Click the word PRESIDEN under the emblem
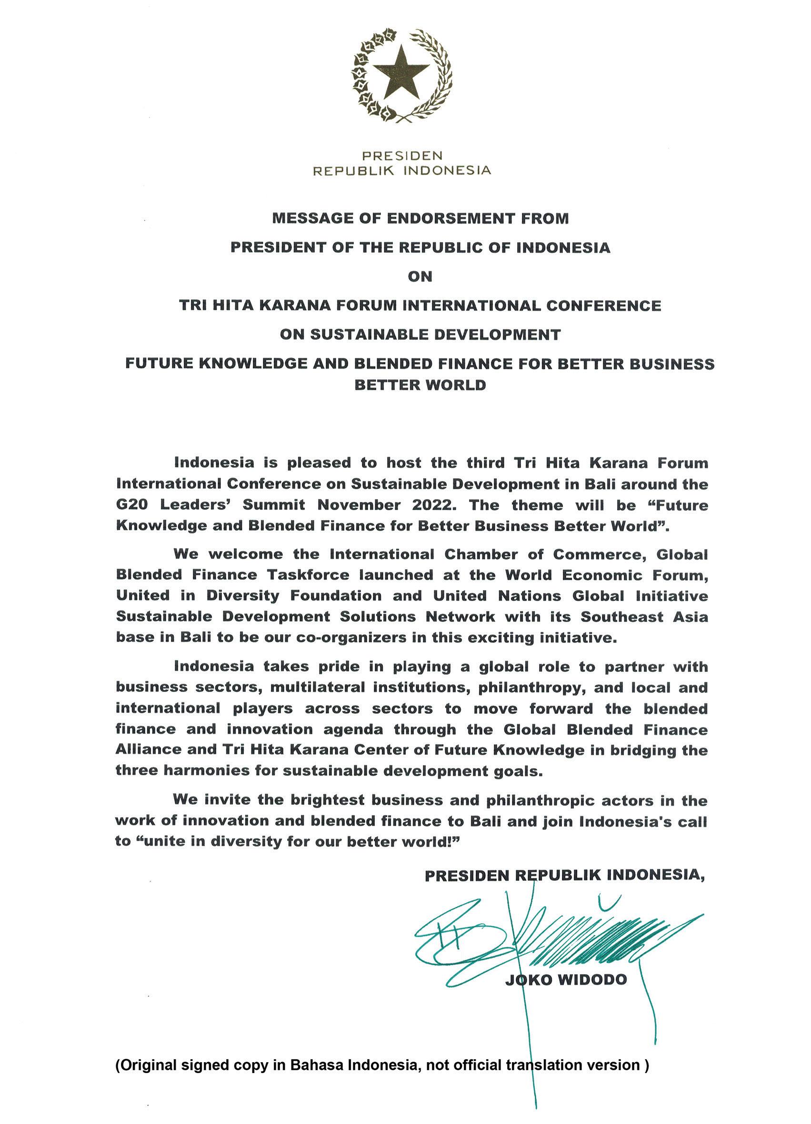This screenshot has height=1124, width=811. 402,156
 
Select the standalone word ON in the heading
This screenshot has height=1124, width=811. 420,276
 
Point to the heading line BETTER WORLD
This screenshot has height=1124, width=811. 420,385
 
